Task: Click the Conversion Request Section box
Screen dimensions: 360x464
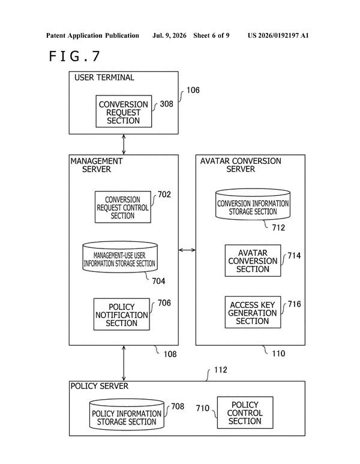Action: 124,111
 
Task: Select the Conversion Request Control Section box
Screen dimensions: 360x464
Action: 123,207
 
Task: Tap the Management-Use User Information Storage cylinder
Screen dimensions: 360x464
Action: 120,257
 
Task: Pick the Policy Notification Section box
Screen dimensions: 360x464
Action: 122,315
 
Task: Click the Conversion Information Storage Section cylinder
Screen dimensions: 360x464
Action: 253,205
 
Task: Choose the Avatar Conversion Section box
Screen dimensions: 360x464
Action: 253,261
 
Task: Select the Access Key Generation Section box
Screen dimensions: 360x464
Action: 253,312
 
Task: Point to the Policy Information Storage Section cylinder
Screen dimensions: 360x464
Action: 127,415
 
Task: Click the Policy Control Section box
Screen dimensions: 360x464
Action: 245,412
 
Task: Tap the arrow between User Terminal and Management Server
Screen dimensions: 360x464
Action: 124,145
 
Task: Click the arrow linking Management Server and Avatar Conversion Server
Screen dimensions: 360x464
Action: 187,250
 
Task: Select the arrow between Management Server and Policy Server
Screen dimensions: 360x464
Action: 124,363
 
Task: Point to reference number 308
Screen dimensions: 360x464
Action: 166,104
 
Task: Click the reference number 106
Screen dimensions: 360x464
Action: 193,90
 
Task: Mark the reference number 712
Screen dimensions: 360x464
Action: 278,227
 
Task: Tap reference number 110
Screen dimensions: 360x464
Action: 278,354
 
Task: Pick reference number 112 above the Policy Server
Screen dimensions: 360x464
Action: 221,370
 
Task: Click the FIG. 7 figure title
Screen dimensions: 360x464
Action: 74,56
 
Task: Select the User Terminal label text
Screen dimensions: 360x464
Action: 104,77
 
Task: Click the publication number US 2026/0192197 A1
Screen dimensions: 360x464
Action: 278,35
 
